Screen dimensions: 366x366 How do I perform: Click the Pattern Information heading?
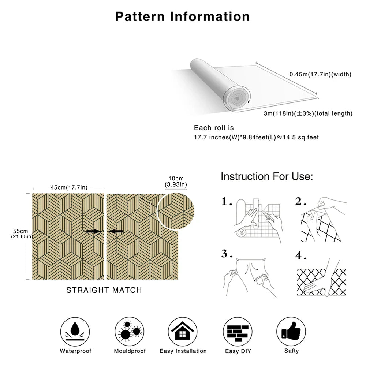[183, 16]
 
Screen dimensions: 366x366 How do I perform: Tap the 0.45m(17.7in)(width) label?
[320, 74]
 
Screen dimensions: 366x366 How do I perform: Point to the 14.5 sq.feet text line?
[256, 138]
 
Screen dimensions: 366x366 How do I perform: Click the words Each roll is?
[214, 128]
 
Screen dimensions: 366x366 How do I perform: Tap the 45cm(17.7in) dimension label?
[69, 187]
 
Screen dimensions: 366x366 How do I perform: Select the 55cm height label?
[20, 234]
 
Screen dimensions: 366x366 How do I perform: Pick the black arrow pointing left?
[116, 231]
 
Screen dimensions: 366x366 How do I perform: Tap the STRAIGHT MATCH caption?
[104, 290]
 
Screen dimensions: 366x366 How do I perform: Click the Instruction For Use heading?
[267, 177]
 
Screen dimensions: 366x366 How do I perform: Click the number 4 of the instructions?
[300, 256]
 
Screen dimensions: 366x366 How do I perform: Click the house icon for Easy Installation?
[183, 330]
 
